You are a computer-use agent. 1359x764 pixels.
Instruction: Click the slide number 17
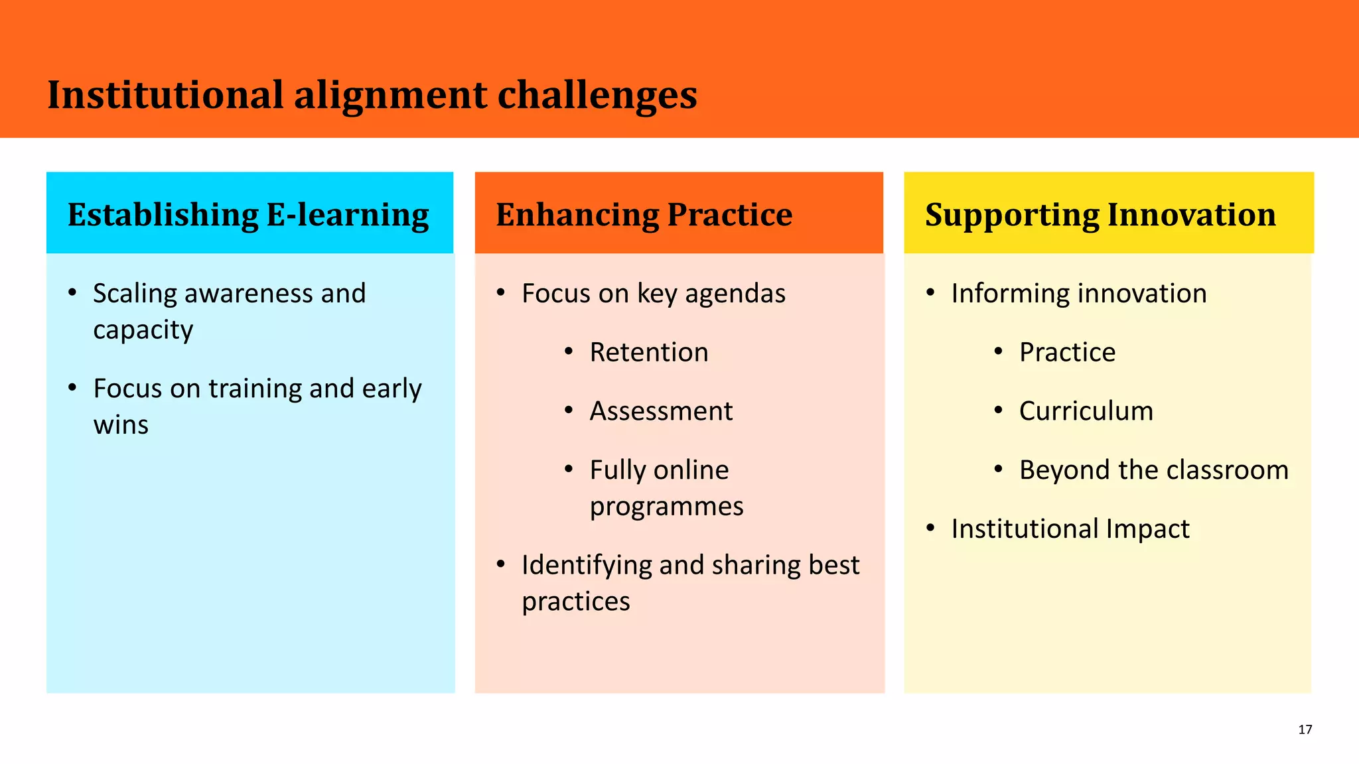click(x=1305, y=730)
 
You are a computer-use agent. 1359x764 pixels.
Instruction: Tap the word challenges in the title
click(x=597, y=95)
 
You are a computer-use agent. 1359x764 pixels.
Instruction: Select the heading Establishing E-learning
click(x=248, y=215)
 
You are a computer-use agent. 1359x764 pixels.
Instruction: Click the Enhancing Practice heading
click(x=644, y=215)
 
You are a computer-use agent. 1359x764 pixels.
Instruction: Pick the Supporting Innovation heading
click(x=1100, y=215)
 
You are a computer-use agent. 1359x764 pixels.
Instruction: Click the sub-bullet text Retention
click(x=648, y=352)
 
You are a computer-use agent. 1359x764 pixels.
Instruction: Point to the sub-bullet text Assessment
click(x=661, y=411)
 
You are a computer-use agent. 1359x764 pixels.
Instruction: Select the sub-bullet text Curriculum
click(x=1086, y=411)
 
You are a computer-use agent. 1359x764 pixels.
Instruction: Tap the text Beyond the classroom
click(x=1153, y=470)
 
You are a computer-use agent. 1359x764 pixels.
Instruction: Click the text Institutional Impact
click(x=1070, y=529)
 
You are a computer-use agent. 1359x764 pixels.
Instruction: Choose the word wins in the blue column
click(x=121, y=425)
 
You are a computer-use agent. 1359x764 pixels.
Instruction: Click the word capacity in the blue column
click(x=143, y=330)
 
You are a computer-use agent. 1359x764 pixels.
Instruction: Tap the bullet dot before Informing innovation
click(x=930, y=292)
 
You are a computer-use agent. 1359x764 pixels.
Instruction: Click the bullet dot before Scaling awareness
click(x=72, y=292)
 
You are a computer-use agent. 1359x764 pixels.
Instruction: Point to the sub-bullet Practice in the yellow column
click(x=1067, y=352)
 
